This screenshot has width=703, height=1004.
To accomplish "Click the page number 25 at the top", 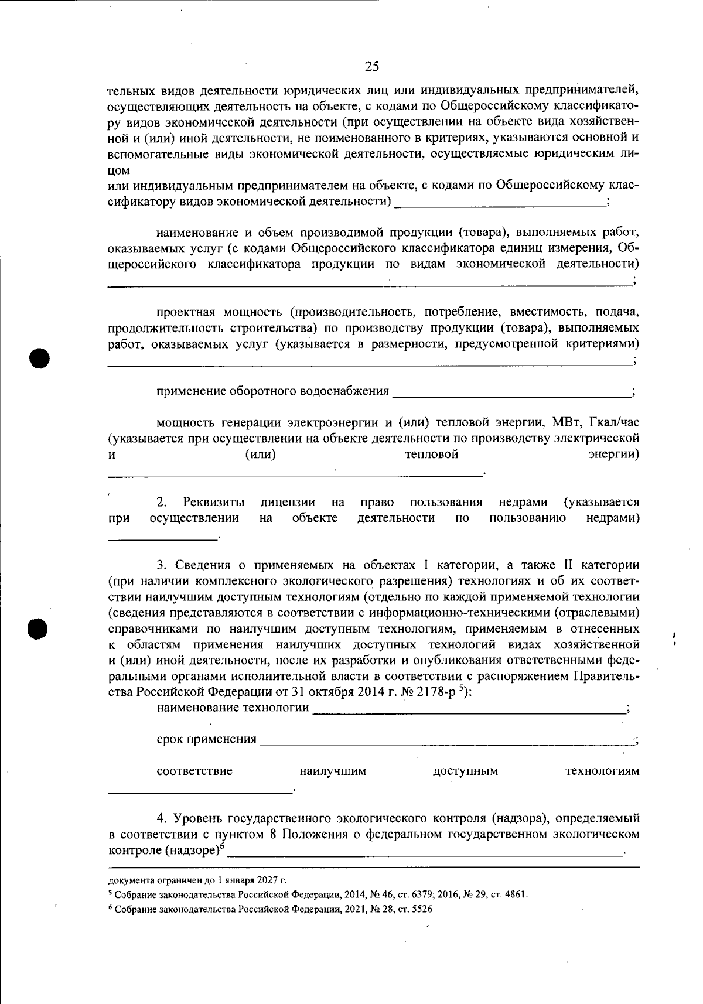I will (x=372, y=66).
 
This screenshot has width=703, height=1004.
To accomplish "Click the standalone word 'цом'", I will (x=119, y=170).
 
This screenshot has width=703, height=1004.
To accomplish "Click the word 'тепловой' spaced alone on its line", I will (x=432, y=455).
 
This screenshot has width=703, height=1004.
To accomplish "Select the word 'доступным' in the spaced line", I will (x=465, y=771).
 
